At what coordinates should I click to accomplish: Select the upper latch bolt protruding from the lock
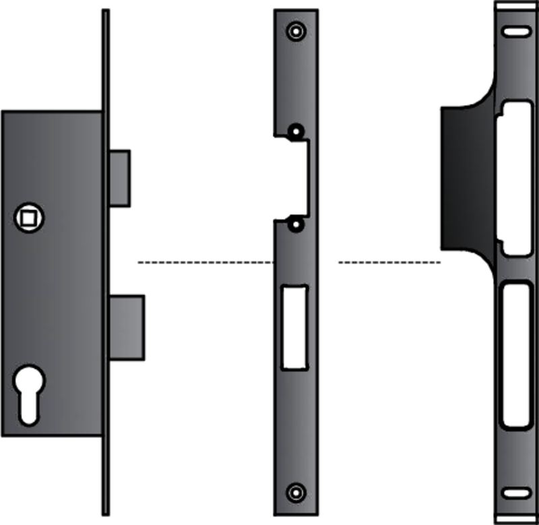click(x=119, y=177)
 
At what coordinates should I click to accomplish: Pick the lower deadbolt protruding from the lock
click(x=127, y=327)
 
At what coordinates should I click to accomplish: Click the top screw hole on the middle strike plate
click(x=295, y=31)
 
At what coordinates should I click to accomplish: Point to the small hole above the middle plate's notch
click(x=295, y=131)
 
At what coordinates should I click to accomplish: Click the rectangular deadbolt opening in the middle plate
click(x=294, y=327)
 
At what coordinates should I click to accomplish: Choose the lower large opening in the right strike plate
click(x=517, y=355)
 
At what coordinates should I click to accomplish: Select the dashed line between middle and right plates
click(x=388, y=261)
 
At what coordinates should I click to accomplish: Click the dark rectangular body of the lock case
click(x=61, y=303)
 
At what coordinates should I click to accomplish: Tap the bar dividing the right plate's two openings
click(x=517, y=270)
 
